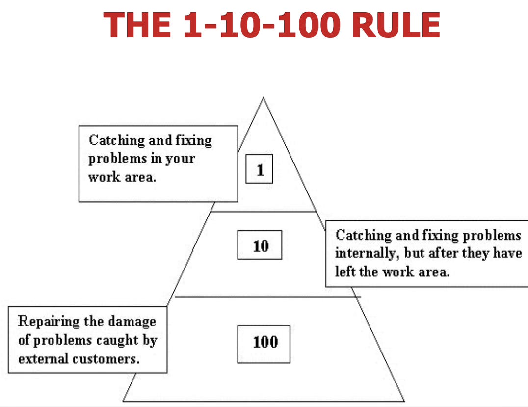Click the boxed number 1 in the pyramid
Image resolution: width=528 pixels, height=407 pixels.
click(260, 170)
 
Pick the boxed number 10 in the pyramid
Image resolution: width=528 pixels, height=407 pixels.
click(260, 245)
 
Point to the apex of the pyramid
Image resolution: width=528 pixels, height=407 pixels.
click(263, 98)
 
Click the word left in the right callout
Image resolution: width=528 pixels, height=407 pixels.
click(345, 271)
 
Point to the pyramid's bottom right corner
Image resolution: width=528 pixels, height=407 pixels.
click(404, 401)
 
